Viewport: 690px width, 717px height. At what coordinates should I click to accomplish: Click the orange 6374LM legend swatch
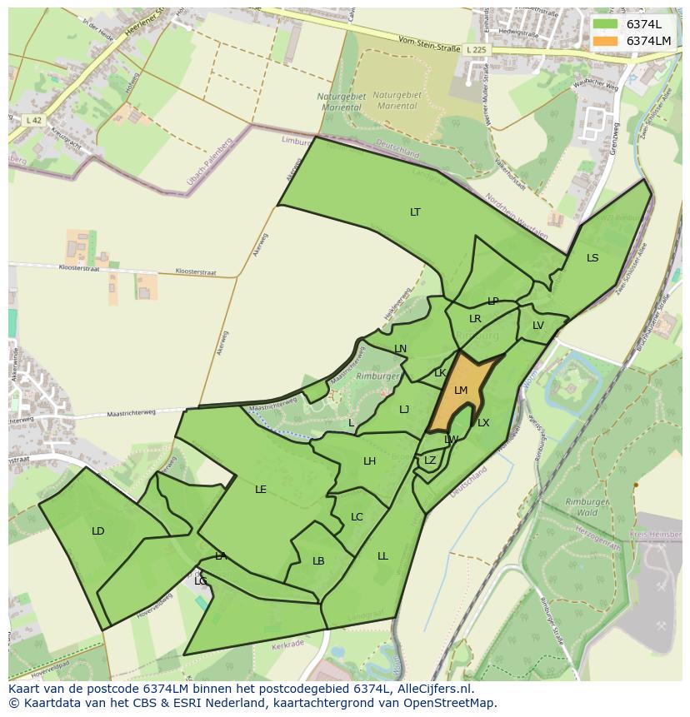click(x=606, y=41)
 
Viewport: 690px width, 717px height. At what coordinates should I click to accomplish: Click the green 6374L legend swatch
click(x=606, y=24)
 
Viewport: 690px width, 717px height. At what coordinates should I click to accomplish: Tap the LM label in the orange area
click(x=461, y=390)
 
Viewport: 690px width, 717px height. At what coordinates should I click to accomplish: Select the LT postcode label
click(x=415, y=212)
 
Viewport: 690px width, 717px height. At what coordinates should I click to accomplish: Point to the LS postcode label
click(x=592, y=258)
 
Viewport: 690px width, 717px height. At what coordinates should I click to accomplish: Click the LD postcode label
click(x=98, y=531)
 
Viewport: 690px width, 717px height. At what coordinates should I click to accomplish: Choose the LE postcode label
click(x=261, y=490)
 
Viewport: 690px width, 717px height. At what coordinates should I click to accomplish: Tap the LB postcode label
click(x=318, y=561)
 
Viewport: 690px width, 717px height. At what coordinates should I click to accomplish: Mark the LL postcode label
click(x=382, y=556)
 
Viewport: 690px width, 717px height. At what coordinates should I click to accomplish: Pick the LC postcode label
click(x=357, y=517)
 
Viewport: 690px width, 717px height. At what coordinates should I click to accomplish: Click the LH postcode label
click(x=369, y=461)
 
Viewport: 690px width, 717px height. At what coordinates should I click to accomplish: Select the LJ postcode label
click(x=404, y=409)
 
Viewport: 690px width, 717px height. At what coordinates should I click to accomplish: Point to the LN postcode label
click(x=400, y=349)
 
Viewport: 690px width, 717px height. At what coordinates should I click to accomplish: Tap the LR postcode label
click(x=475, y=319)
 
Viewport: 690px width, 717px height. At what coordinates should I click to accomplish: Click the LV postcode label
click(x=538, y=326)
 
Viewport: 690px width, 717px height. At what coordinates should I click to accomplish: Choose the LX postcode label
click(x=483, y=423)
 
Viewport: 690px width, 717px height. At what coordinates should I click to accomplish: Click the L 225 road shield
click(x=476, y=50)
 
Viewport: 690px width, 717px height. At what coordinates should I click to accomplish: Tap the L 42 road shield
click(x=33, y=121)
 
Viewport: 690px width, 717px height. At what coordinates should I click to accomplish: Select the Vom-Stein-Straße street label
click(x=429, y=47)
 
